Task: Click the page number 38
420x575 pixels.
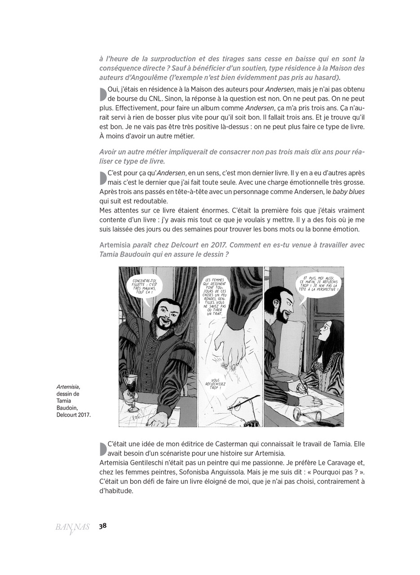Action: click(103, 526)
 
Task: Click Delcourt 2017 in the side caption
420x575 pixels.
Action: click(74, 415)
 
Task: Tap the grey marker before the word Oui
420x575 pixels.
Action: click(103, 94)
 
